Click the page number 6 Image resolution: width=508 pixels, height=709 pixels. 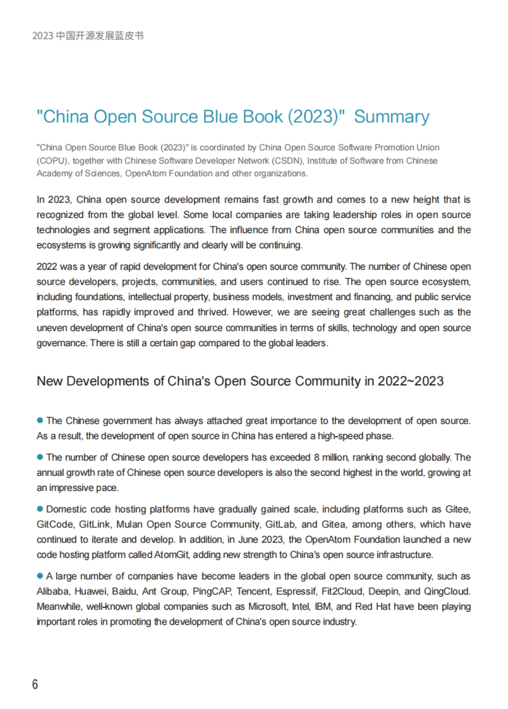click(35, 684)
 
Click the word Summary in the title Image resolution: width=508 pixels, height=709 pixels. click(392, 117)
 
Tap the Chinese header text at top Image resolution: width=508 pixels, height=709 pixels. click(88, 36)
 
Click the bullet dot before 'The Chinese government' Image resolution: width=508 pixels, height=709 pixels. click(40, 420)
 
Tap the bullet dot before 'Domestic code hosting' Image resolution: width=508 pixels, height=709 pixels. click(40, 509)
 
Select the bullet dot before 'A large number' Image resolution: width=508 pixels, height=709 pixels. click(40, 576)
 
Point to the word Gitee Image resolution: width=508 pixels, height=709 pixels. click(458, 509)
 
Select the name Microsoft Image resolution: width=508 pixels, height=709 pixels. click(267, 607)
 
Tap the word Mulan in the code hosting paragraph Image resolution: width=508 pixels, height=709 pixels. click(130, 524)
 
